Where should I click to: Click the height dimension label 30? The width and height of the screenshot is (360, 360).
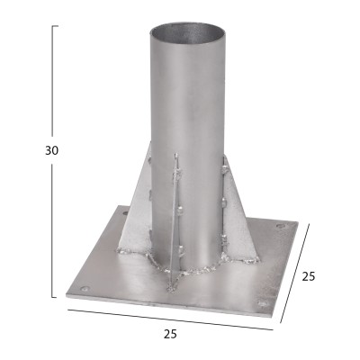tap(52, 150)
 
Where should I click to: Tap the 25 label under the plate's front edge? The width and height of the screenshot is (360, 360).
tap(170, 334)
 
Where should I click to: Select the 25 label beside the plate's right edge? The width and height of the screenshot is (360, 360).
tap(309, 276)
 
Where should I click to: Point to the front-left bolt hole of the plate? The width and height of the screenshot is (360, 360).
tap(85, 290)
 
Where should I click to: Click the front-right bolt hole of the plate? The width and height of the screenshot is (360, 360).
tap(263, 303)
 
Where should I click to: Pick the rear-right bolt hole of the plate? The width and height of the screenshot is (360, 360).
tap(281, 226)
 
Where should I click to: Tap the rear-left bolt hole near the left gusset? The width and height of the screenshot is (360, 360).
tap(125, 213)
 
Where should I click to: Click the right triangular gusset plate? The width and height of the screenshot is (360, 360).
tap(238, 216)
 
